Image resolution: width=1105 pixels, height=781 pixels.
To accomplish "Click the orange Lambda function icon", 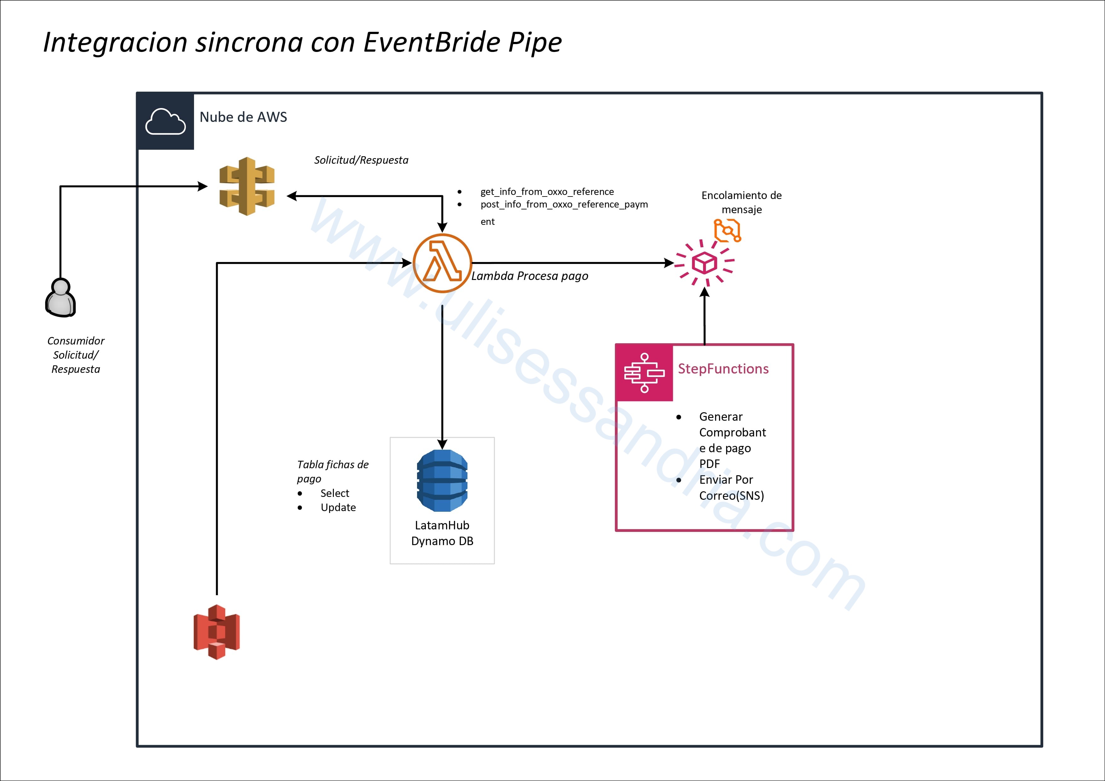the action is click(442, 263).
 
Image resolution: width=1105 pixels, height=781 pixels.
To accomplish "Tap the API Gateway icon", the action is click(247, 186).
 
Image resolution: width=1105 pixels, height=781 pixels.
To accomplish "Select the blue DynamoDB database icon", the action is click(442, 480).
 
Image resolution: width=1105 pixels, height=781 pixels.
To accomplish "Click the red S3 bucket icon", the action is click(217, 632).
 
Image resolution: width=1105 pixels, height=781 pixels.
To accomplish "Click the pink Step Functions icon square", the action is click(644, 373).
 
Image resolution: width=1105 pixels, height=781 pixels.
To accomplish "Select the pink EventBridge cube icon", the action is click(705, 263).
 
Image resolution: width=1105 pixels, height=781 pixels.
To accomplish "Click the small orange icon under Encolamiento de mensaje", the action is click(727, 231).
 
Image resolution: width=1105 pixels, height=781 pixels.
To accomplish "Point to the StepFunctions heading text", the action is click(723, 368).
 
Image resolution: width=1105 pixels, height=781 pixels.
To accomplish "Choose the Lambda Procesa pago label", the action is click(530, 276).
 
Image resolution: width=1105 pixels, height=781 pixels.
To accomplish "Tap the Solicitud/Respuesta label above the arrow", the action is click(361, 160).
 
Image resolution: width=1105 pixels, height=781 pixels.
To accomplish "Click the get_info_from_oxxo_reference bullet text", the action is click(547, 191).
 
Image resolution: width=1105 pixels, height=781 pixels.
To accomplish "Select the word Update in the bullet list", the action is click(338, 507).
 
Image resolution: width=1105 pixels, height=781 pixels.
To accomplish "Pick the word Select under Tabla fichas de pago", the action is click(335, 493).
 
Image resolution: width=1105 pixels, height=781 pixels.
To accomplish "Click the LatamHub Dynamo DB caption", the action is click(442, 533).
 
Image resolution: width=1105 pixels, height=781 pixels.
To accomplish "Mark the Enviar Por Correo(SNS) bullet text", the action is click(731, 487).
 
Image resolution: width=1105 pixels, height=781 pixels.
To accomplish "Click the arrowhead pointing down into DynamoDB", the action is click(442, 444).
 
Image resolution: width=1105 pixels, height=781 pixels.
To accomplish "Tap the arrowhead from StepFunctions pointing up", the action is click(705, 292).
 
